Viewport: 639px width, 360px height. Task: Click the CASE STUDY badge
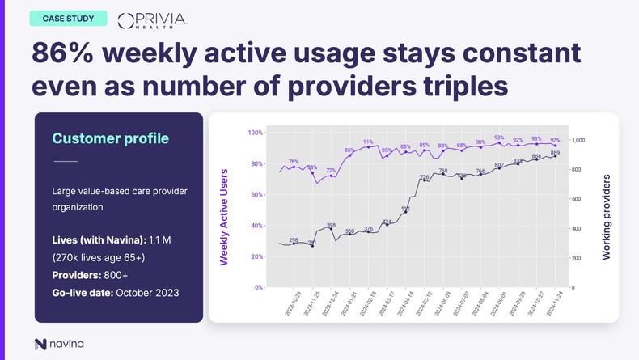point(68,18)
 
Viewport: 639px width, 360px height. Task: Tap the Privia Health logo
point(152,19)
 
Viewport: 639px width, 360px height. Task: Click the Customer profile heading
point(111,138)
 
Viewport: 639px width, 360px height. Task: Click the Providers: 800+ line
point(89,275)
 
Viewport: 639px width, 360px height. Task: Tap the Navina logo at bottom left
point(59,344)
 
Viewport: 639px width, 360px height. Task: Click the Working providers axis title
point(606,217)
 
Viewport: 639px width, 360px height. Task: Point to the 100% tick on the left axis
point(254,133)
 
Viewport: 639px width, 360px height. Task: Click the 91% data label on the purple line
point(368,142)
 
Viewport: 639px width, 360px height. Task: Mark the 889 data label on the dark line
point(555,152)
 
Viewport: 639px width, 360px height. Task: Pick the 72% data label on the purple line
point(331,171)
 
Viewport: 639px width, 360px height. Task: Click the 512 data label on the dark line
point(405,209)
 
